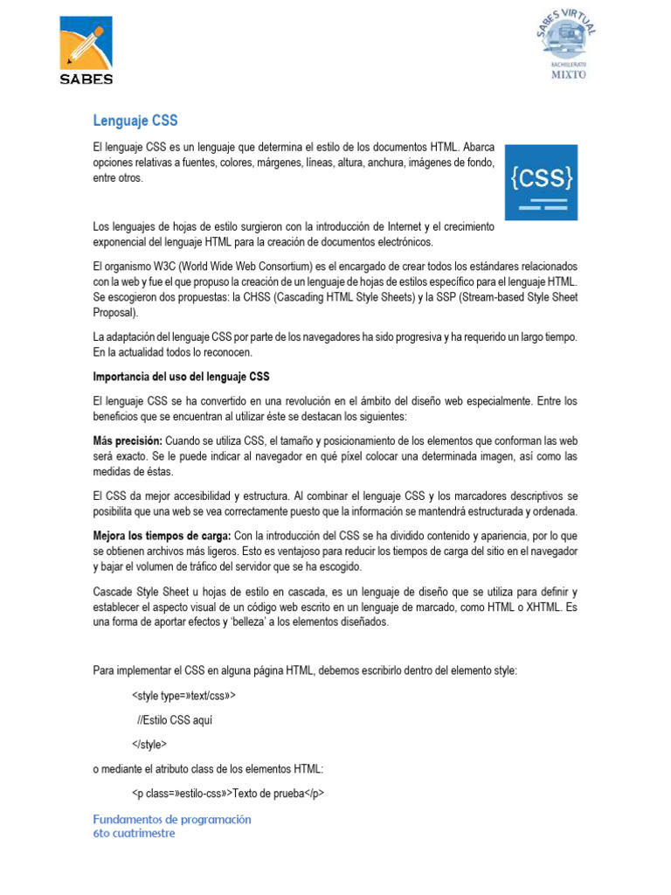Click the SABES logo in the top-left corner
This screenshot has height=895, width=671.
pyautogui.click(x=86, y=52)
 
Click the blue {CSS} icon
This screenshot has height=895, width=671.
pyautogui.click(x=543, y=182)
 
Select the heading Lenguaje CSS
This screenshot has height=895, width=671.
pyautogui.click(x=135, y=121)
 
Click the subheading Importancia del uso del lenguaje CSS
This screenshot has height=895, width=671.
pyautogui.click(x=182, y=378)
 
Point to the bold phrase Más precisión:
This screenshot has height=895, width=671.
pyautogui.click(x=128, y=441)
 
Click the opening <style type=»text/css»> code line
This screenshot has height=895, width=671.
pyautogui.click(x=184, y=697)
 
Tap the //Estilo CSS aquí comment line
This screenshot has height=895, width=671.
pyautogui.click(x=175, y=720)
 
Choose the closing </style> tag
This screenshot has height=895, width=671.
pyautogui.click(x=149, y=745)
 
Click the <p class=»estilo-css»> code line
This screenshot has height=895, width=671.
pyautogui.click(x=229, y=794)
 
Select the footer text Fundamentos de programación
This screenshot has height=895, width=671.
pyautogui.click(x=172, y=819)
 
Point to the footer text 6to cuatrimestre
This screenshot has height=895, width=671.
pyautogui.click(x=134, y=833)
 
